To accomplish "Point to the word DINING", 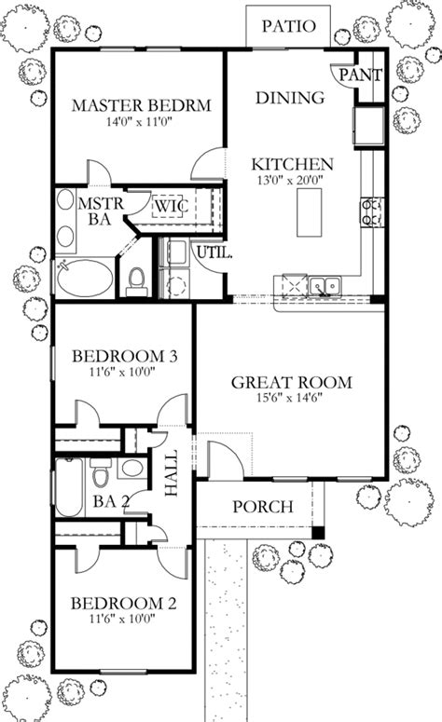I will (x=290, y=97).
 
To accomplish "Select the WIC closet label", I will (x=171, y=204).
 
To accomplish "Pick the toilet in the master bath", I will (x=136, y=279).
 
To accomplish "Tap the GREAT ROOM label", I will (x=291, y=381).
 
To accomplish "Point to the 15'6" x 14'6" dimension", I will (x=291, y=398).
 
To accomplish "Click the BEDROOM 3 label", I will (x=125, y=356).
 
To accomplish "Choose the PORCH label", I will (x=262, y=508).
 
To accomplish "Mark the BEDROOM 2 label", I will (x=124, y=603).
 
